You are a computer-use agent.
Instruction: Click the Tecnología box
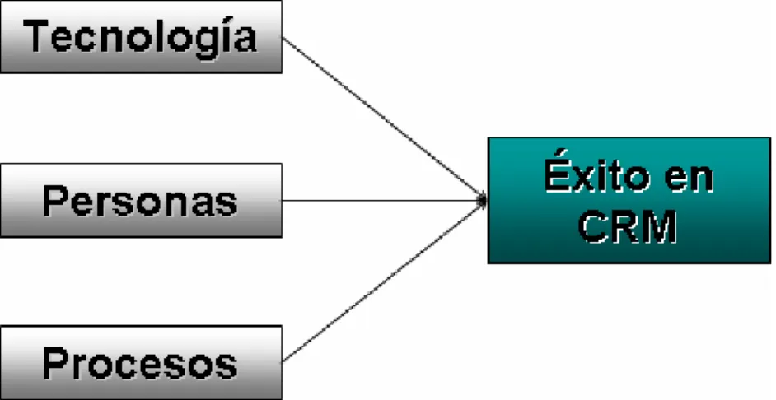tap(141, 36)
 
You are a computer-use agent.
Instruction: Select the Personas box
tap(141, 200)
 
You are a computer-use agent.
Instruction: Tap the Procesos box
tap(141, 362)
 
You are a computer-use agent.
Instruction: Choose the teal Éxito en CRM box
tap(629, 200)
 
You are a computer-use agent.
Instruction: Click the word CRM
tap(628, 226)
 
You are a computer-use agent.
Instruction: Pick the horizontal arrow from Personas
tap(385, 200)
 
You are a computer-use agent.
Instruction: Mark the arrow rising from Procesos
tap(385, 281)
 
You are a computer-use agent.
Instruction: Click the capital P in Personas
tap(56, 201)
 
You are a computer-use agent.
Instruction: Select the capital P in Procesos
tap(56, 362)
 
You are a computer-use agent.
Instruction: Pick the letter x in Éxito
tap(586, 178)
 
